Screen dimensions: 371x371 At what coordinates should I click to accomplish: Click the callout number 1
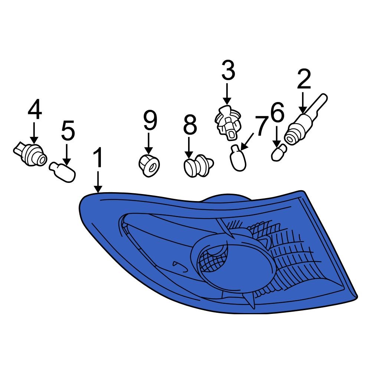pyautogui.click(x=98, y=157)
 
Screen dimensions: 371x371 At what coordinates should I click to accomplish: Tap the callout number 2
pyautogui.click(x=304, y=79)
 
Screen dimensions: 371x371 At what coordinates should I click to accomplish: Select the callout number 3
pyautogui.click(x=228, y=70)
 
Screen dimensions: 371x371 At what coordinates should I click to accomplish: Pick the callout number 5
pyautogui.click(x=68, y=131)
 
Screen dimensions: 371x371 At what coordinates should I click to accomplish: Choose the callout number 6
pyautogui.click(x=277, y=112)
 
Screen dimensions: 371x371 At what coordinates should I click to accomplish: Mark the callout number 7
pyautogui.click(x=261, y=126)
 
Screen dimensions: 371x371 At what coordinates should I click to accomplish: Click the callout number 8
pyautogui.click(x=190, y=125)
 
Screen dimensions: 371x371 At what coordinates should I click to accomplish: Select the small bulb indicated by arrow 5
pyautogui.click(x=62, y=172)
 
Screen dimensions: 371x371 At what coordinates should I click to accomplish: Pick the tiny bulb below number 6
pyautogui.click(x=279, y=152)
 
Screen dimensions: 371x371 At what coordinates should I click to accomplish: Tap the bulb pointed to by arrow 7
pyautogui.click(x=238, y=158)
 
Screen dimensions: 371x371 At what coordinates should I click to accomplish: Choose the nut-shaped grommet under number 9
pyautogui.click(x=149, y=165)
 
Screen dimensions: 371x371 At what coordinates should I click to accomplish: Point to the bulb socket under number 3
pyautogui.click(x=228, y=122)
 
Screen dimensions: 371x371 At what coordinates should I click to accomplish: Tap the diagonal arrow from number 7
pyautogui.click(x=247, y=141)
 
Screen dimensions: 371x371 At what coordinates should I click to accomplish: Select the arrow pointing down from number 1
pyautogui.click(x=98, y=182)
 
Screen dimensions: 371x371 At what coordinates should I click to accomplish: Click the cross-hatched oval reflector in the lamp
pyautogui.click(x=213, y=259)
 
